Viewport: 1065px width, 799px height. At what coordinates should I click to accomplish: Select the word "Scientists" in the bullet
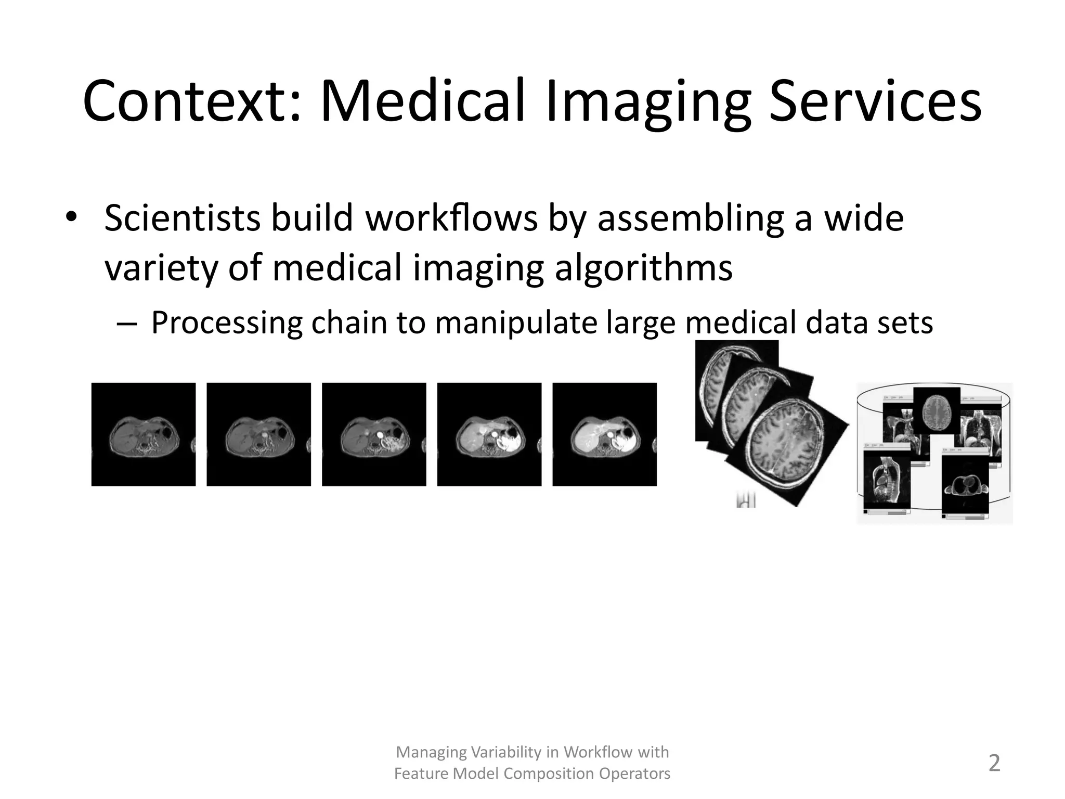click(181, 218)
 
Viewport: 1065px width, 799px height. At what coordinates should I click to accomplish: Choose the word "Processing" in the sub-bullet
click(227, 323)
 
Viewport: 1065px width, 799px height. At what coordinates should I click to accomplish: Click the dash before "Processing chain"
click(126, 324)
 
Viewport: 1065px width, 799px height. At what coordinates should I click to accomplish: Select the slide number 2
click(994, 763)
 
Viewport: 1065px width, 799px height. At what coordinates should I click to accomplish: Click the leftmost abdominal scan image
click(144, 434)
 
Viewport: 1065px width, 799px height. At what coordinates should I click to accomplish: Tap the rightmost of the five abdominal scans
click(604, 434)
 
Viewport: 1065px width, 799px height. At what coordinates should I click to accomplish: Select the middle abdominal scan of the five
click(374, 434)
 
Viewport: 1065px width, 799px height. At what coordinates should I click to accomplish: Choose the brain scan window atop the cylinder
click(937, 411)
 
